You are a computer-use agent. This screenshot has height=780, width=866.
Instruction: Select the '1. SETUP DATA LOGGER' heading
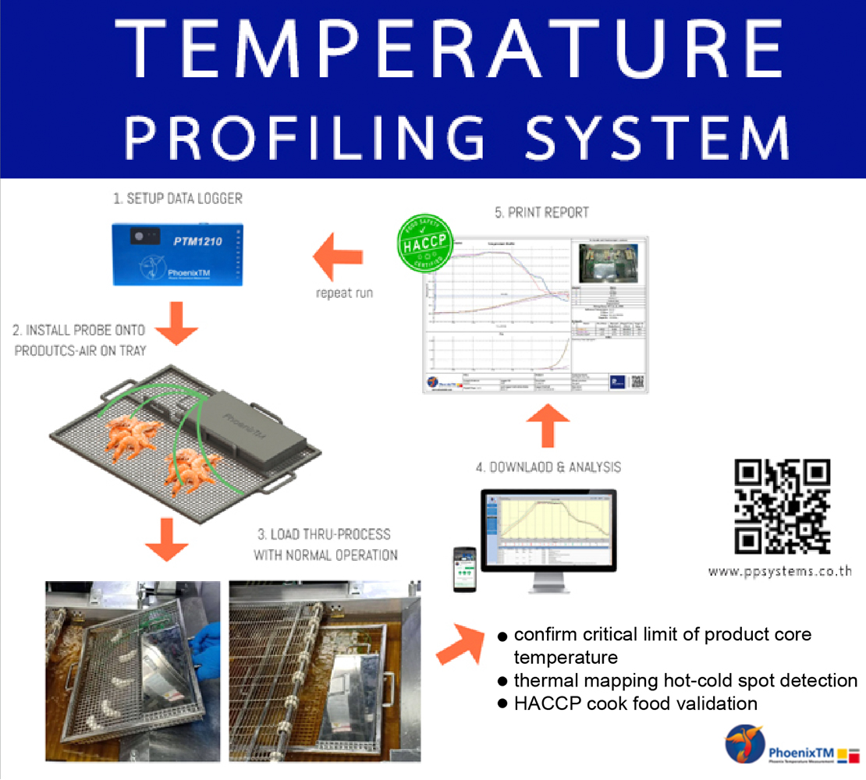[x=178, y=198]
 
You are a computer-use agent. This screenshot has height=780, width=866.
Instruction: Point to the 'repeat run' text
[x=343, y=294]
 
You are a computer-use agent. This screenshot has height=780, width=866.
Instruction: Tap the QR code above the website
[x=783, y=506]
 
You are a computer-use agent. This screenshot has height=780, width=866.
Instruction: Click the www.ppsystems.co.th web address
[x=779, y=571]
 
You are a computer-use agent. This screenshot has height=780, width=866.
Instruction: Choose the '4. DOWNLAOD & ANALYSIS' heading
[x=548, y=467]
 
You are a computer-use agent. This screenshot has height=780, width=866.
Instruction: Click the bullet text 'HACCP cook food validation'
[x=636, y=703]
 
